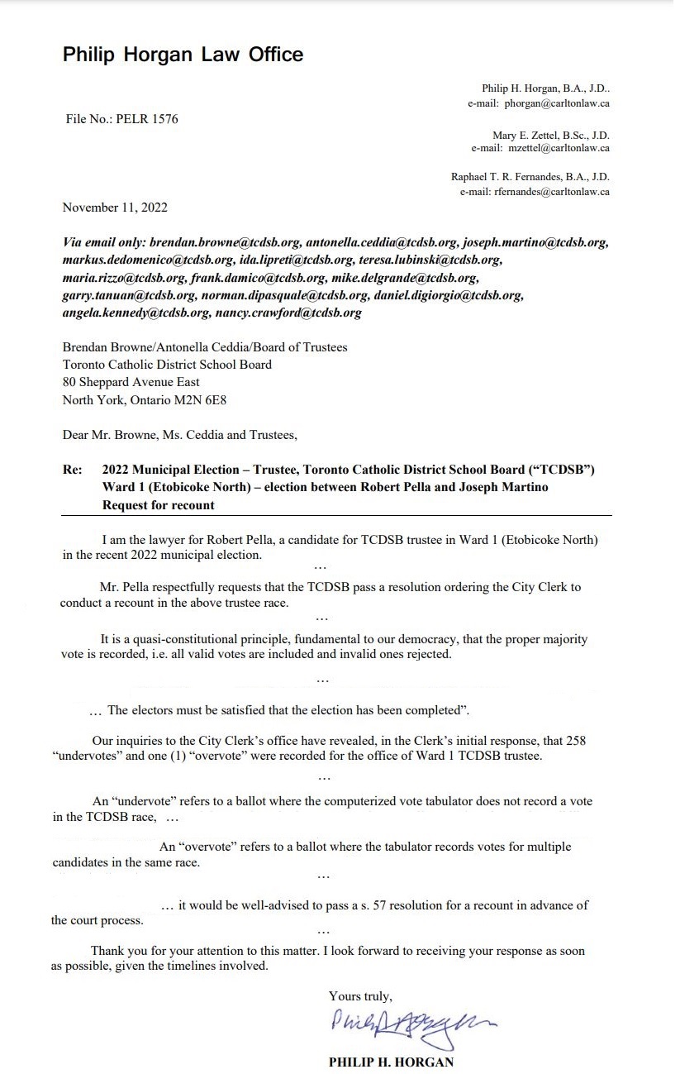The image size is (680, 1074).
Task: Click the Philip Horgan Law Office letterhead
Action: (183, 55)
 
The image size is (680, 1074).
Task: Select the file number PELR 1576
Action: (121, 119)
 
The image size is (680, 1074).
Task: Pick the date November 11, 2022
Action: (115, 208)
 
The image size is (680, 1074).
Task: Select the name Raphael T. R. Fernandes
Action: (505, 177)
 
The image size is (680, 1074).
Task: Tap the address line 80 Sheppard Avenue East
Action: (131, 382)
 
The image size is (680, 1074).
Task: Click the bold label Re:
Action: (73, 470)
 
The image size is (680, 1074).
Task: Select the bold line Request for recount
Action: (158, 504)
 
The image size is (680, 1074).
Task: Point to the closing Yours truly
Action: (360, 996)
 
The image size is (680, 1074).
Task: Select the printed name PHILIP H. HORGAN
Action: (391, 1062)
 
